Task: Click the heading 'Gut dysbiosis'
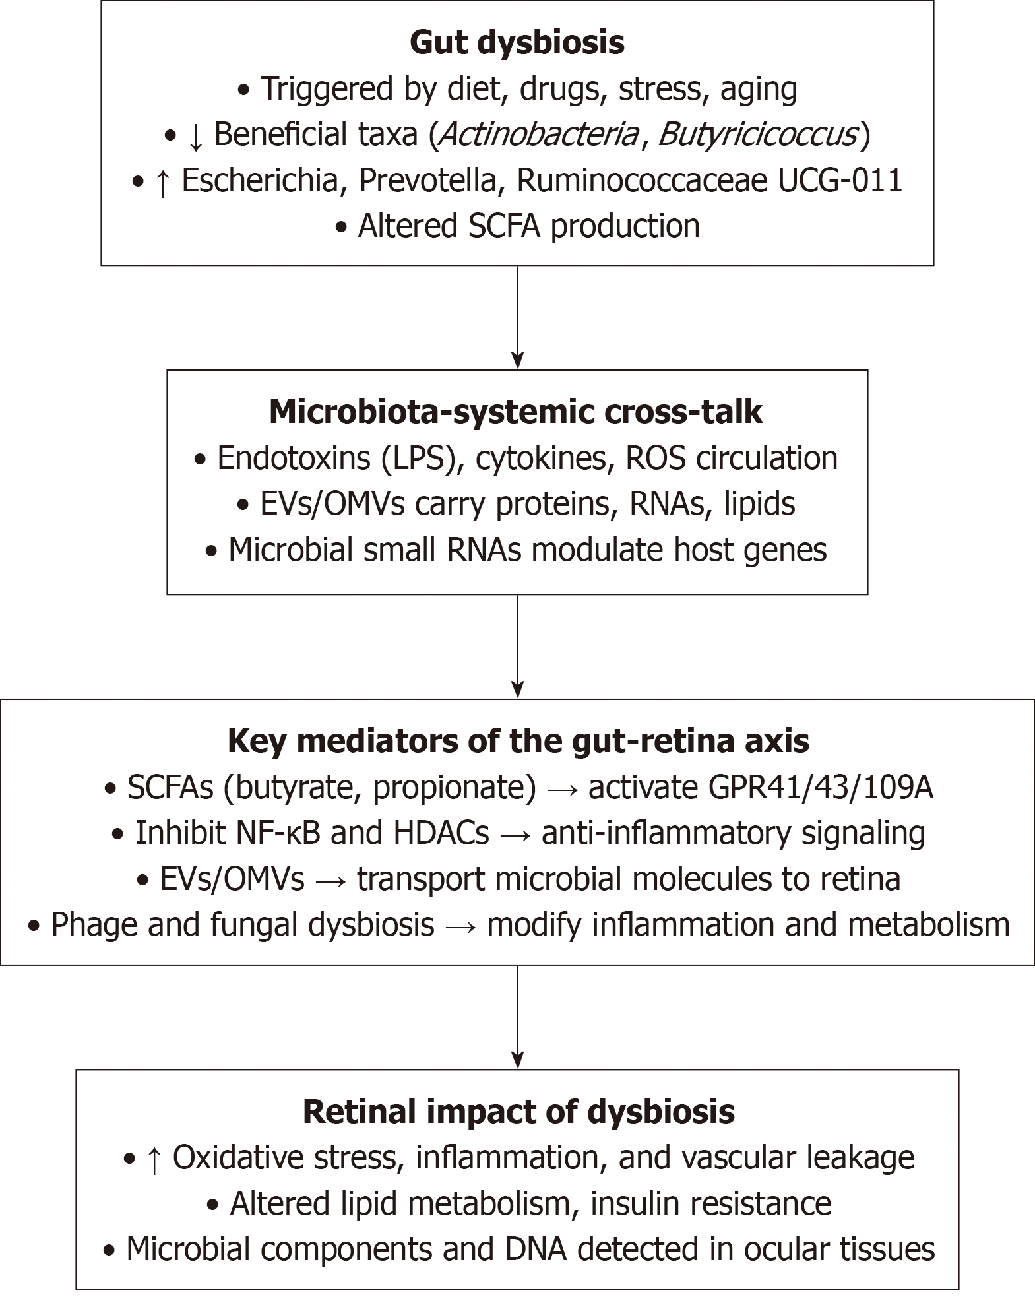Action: (x=517, y=43)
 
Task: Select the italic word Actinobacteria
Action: (x=538, y=135)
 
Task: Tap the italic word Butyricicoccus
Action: (x=758, y=135)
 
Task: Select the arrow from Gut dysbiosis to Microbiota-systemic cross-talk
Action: (x=517, y=317)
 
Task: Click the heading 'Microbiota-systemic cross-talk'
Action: (x=515, y=412)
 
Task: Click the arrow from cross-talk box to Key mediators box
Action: (x=517, y=647)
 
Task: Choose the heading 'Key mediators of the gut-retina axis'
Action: (x=518, y=742)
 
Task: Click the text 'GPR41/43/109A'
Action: (x=760, y=788)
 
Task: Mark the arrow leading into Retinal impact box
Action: (x=517, y=1017)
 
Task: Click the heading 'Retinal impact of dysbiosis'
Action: (x=518, y=1112)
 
